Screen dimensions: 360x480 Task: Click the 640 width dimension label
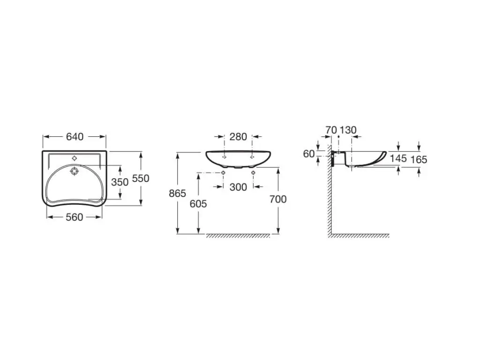tap(75, 136)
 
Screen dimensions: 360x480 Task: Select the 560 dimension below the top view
tap(75, 217)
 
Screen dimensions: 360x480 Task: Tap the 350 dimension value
tap(120, 182)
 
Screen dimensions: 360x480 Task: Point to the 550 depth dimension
tap(141, 179)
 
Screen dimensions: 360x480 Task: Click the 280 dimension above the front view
tap(238, 137)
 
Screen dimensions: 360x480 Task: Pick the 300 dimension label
tap(238, 187)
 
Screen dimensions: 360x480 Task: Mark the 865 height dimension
tap(178, 193)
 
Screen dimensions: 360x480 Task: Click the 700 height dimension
tap(278, 199)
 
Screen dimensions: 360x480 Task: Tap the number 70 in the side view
tap(331, 130)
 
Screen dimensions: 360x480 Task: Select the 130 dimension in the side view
tap(348, 130)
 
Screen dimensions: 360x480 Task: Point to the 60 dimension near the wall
tap(309, 153)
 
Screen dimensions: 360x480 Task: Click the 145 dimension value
tap(398, 158)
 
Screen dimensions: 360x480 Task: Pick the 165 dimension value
tap(419, 159)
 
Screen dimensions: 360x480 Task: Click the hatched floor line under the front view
tap(238, 236)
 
